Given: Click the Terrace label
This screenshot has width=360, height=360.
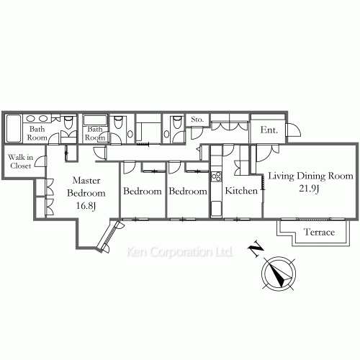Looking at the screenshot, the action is (319, 232).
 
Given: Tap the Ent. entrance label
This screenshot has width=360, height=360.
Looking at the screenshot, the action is (269, 130).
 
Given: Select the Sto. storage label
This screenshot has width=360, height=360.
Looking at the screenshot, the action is (197, 120).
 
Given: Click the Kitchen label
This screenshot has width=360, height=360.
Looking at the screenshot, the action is (241, 191).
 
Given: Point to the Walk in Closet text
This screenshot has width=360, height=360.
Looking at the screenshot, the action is (21, 161).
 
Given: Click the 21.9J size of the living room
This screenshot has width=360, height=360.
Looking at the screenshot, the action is (309, 189).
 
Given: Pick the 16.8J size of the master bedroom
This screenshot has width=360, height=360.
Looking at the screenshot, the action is (86, 206).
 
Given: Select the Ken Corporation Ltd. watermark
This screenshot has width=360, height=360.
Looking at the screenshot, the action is (180, 252).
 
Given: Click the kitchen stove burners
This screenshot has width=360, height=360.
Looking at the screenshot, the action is (216, 176).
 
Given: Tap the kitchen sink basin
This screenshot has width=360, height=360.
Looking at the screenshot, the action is (216, 209).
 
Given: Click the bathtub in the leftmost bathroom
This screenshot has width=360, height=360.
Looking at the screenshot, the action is (13, 129).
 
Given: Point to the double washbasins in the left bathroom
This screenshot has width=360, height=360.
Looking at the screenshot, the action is (37, 118).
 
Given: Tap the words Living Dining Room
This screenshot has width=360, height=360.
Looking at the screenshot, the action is (310, 176).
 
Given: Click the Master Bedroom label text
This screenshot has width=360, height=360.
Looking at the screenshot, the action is (86, 186).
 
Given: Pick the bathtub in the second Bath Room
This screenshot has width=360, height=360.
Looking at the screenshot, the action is (95, 120).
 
